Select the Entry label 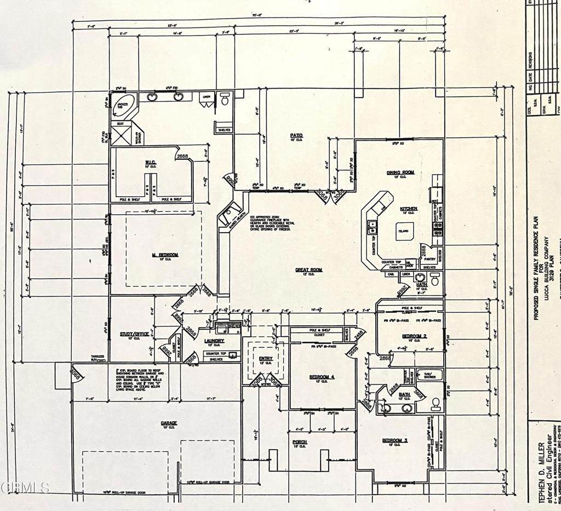266,358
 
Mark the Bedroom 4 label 321,377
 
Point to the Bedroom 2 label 413,335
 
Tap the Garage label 168,423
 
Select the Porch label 300,441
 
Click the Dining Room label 400,173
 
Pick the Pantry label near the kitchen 430,259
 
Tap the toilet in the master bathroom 224,100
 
